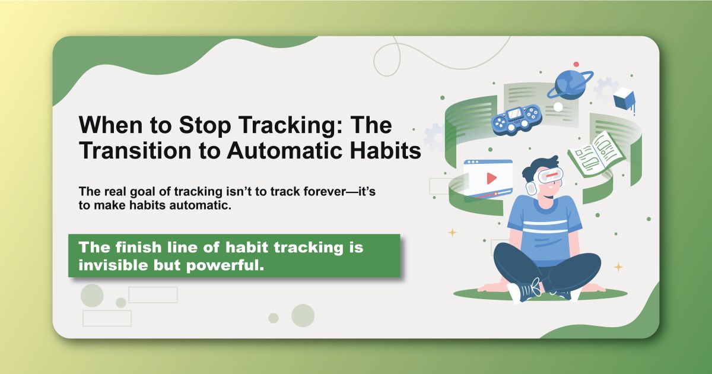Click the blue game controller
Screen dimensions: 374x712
tap(516, 118)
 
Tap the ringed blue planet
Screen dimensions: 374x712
tap(569, 84)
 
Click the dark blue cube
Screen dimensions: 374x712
tap(624, 99)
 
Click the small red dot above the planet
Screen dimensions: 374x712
tap(576, 64)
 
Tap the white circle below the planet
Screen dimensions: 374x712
tap(558, 107)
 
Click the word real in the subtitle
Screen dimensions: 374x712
tap(113, 194)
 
